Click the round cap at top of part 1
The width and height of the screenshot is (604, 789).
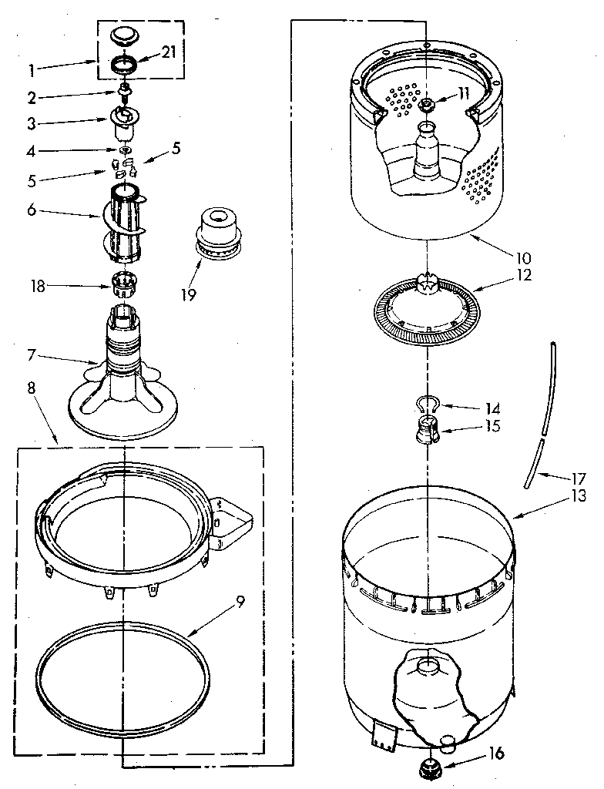[x=122, y=35]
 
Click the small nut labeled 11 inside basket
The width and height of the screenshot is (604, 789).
[x=428, y=104]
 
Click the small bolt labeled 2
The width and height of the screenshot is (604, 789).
[x=122, y=96]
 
